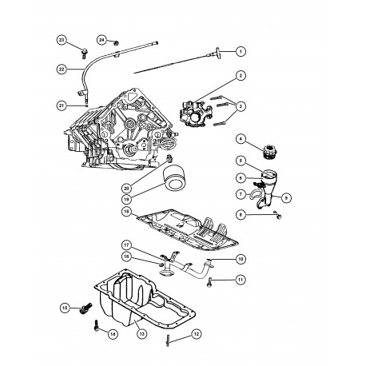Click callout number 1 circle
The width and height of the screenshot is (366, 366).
[241, 52]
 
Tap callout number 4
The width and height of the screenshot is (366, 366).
[240, 141]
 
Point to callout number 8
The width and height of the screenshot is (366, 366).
[241, 215]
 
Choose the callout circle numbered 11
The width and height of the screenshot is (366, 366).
[241, 280]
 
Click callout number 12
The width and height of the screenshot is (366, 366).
[196, 336]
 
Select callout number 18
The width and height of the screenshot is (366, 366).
[126, 211]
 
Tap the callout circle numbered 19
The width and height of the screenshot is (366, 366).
[126, 197]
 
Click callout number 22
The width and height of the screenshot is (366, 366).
[61, 70]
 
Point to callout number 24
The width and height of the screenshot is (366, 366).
[101, 39]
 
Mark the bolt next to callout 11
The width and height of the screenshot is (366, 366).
[213, 280]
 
